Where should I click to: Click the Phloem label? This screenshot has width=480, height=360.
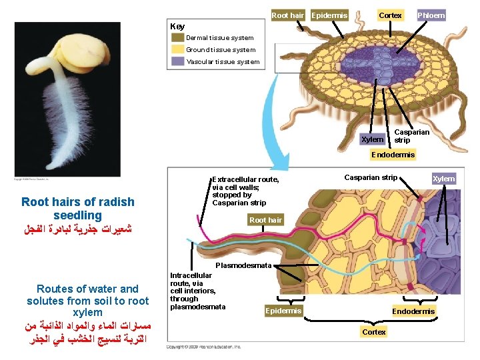[x=431, y=15]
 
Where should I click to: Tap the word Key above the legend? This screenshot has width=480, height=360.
[x=177, y=27]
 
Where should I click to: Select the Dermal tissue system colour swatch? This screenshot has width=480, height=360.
[x=178, y=38]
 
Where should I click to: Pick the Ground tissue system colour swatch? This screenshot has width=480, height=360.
[x=178, y=49]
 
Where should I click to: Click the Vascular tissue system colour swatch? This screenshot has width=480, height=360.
[x=178, y=61]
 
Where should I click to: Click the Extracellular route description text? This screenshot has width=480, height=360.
[x=245, y=191]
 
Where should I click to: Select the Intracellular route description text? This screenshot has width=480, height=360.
[x=193, y=291]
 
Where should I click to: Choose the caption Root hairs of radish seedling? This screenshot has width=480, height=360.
[x=77, y=209]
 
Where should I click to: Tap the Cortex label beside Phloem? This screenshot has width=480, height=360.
[x=390, y=15]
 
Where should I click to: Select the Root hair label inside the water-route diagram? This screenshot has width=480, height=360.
[x=265, y=219]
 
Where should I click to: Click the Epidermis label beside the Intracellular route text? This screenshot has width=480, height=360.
[x=283, y=311]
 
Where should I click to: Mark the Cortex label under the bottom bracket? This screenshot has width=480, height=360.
[x=374, y=332]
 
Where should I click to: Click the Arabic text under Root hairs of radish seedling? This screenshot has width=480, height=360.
[x=77, y=229]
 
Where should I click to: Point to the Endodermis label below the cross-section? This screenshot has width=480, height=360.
[x=393, y=155]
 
